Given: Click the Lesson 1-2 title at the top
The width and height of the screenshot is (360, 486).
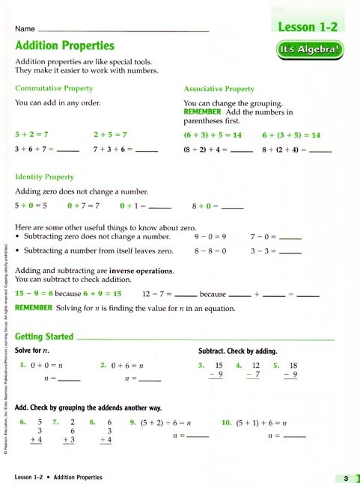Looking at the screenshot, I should pyautogui.click(x=308, y=27).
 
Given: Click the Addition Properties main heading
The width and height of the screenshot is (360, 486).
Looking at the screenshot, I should pyautogui.click(x=65, y=46).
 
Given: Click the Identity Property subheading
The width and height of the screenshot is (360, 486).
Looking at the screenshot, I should pyautogui.click(x=45, y=177).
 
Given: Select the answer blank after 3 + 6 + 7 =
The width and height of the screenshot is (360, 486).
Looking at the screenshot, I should pyautogui.click(x=68, y=150).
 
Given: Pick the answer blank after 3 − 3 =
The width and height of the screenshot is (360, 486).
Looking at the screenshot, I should pyautogui.click(x=290, y=253).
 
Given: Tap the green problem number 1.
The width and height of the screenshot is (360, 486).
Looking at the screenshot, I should pyautogui.click(x=23, y=365).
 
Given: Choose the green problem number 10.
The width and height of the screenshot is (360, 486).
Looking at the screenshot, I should pyautogui.click(x=226, y=422).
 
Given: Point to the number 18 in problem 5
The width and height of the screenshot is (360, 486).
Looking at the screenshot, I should pyautogui.click(x=293, y=365).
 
